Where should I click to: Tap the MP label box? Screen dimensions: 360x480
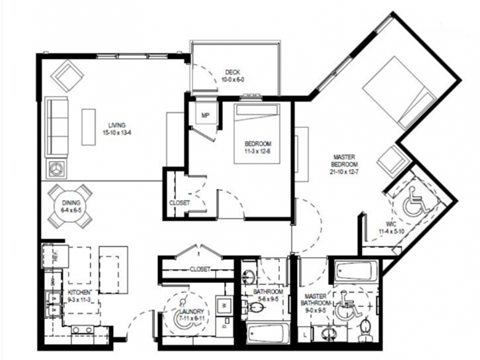click(x=204, y=115)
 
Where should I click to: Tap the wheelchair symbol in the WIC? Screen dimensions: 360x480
click(x=413, y=206)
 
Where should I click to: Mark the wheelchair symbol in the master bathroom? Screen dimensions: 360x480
click(x=347, y=308)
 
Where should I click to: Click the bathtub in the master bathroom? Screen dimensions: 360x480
click(x=356, y=270)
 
